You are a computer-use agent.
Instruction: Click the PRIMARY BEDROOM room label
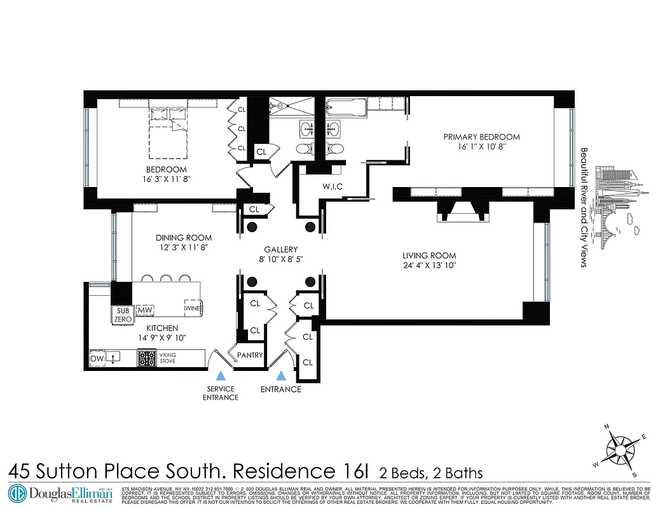(x=481, y=137)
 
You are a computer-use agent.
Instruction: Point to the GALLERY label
(x=281, y=249)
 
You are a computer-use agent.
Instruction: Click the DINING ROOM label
(x=184, y=238)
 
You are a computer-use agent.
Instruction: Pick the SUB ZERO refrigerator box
(x=123, y=315)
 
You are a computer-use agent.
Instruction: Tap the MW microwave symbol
(x=145, y=310)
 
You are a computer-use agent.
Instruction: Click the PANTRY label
(x=250, y=355)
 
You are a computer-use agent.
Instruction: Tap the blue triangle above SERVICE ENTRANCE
(x=220, y=376)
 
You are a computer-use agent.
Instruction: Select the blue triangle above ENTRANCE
(x=280, y=376)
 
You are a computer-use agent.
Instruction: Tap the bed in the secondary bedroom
(x=169, y=132)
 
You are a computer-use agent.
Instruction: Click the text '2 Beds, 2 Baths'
(x=430, y=473)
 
